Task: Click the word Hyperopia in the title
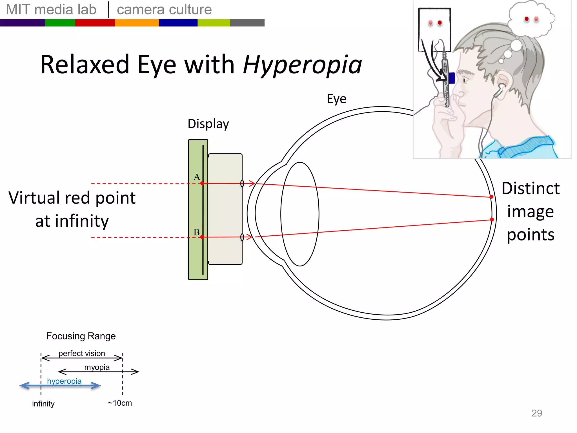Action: click(302, 65)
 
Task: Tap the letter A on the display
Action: click(197, 177)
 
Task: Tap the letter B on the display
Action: click(196, 232)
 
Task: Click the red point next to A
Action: click(202, 183)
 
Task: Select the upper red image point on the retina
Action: click(491, 197)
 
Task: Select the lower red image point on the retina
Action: click(492, 220)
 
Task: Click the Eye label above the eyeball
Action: click(336, 99)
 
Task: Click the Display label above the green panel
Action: click(208, 124)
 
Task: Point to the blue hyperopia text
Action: click(64, 381)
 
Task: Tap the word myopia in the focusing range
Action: click(97, 367)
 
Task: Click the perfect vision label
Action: click(82, 353)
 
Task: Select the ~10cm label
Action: click(120, 403)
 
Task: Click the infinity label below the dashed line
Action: click(43, 404)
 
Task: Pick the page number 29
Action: click(536, 413)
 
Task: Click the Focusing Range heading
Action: click(81, 336)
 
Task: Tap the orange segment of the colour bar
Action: click(137, 23)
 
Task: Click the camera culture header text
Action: click(164, 10)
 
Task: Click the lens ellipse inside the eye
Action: click(300, 214)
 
